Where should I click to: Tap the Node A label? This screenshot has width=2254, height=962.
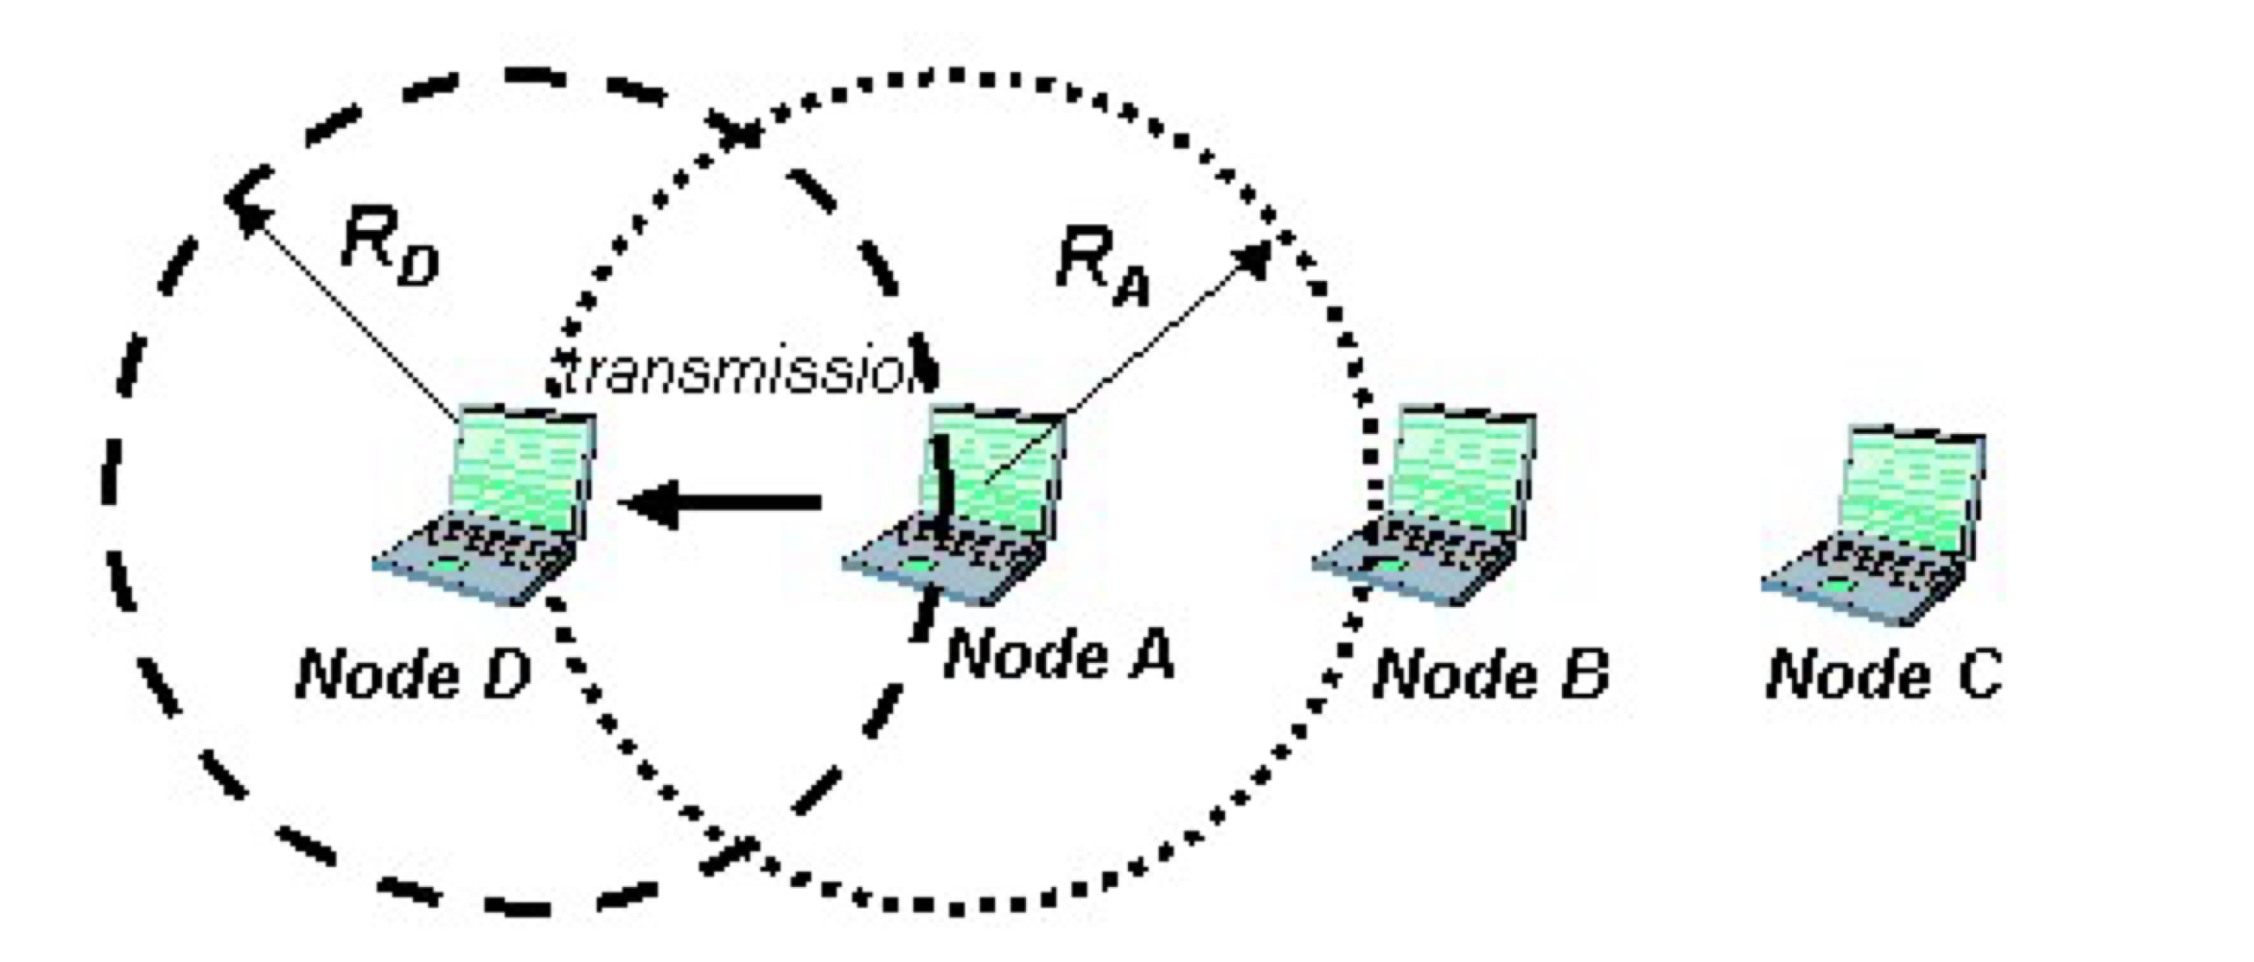(1059, 655)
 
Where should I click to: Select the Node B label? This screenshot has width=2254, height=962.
(1491, 674)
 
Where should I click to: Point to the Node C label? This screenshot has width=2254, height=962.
(1884, 674)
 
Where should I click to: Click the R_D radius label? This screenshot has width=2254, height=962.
(390, 248)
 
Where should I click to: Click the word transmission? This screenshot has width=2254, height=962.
(736, 373)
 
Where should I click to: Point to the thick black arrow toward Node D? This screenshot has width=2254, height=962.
(722, 502)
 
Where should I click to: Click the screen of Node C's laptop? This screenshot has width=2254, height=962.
(1910, 491)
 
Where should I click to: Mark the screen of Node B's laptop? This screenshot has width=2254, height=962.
(1463, 471)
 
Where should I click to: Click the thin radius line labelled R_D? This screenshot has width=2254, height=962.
(351, 317)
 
